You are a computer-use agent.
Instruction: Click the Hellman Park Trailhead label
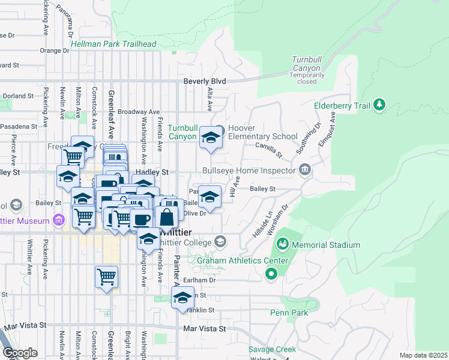pos(113,44)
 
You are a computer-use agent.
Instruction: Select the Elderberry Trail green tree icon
pos(379,106)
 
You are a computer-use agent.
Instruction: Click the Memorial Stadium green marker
pos(282,245)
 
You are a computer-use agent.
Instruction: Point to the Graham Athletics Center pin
pos(271,274)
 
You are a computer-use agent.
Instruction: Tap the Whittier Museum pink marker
pos(58,220)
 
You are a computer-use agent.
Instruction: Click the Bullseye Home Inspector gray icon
pos(305,170)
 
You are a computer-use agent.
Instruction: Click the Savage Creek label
pos(269,349)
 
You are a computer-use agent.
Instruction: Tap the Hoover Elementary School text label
pos(262,133)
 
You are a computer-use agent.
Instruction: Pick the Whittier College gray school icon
pos(220,242)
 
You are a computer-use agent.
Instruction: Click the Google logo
pos(20,353)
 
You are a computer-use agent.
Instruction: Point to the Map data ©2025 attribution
pos(423,355)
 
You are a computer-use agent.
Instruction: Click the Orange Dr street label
pos(55,50)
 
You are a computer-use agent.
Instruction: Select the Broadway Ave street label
pos(139,112)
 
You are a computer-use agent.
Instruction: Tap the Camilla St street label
pos(268,151)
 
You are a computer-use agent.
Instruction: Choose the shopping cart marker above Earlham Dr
pos(106,277)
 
